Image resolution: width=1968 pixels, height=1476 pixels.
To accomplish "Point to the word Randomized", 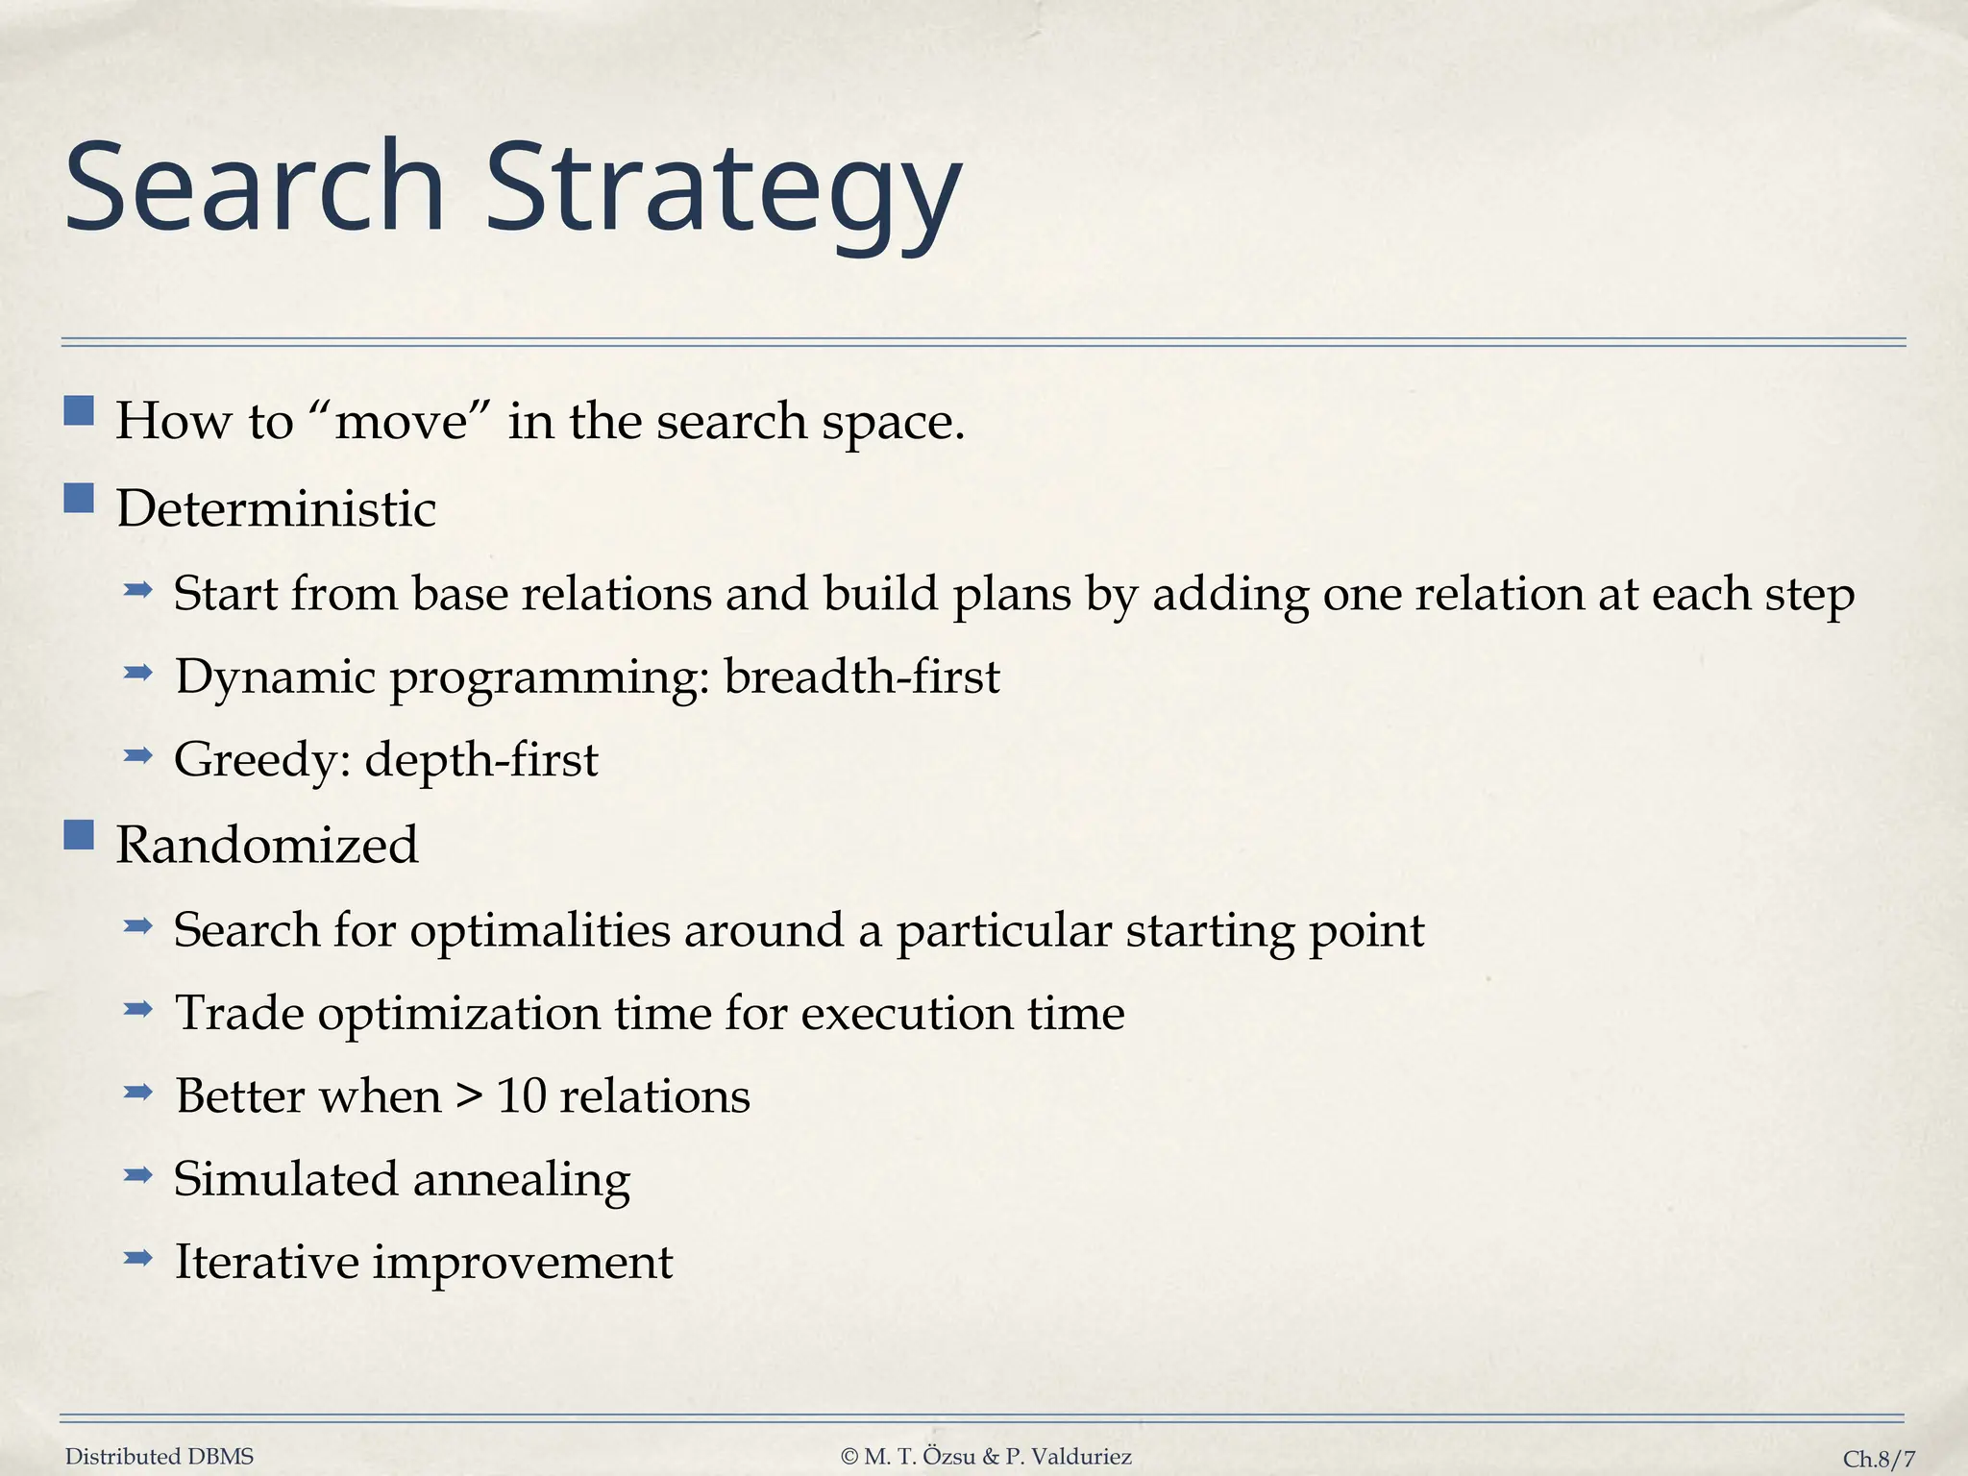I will pos(267,845).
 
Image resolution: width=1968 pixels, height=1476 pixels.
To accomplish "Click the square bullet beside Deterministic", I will pos(79,499).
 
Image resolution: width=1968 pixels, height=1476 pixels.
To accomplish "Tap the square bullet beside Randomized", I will pos(79,835).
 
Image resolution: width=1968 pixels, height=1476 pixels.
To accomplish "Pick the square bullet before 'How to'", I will pos(79,411).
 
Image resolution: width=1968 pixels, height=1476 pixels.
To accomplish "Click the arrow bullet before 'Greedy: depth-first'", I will pos(138,755).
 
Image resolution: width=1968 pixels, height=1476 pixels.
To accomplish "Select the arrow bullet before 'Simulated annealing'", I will pos(138,1174).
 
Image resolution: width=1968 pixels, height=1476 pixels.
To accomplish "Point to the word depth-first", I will pos(481,759).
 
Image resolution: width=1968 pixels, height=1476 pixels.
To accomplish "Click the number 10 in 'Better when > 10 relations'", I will pos(521,1095).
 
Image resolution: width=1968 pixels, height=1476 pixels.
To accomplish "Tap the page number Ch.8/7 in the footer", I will pos(1879,1459).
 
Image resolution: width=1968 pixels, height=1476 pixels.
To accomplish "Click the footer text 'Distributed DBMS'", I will pos(160,1457).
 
